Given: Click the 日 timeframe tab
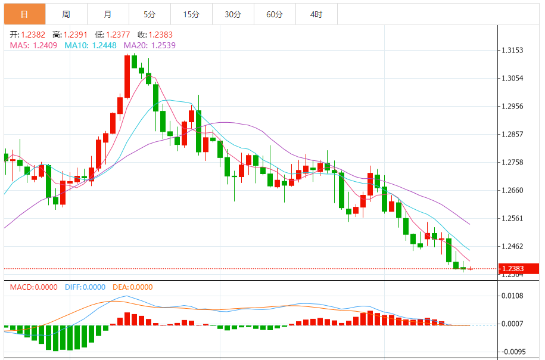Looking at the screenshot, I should click(24, 14).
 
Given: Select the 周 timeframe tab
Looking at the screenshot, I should click(66, 14).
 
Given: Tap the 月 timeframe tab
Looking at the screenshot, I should click(107, 14).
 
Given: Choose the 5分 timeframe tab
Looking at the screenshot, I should click(149, 14).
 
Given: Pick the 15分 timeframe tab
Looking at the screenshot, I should click(191, 14).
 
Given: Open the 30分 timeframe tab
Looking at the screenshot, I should click(233, 14).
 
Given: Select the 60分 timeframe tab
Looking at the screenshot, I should click(275, 14).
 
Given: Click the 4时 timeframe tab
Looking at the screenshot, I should click(316, 14).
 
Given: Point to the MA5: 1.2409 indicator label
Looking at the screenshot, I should click(33, 45).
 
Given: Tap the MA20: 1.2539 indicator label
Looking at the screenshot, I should click(150, 45).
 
